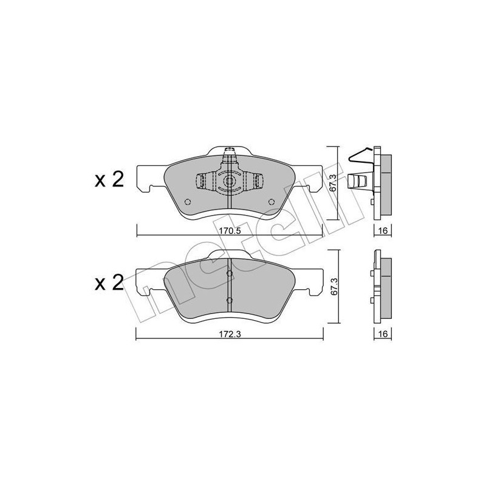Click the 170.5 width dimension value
coord(229,231)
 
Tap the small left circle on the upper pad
coord(188,202)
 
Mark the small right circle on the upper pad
coord(270,202)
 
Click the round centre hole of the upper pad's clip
coord(229,182)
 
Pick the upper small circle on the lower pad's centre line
coord(229,275)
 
